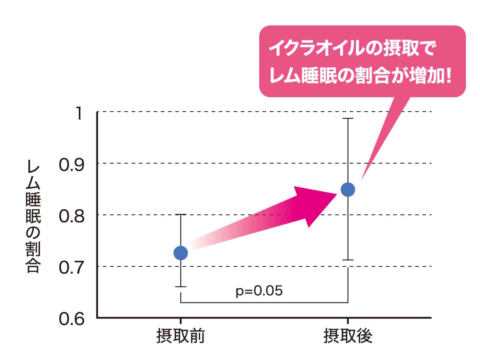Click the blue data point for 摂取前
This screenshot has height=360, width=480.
181,253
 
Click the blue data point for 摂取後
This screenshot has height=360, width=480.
348,189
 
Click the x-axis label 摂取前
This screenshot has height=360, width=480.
180,337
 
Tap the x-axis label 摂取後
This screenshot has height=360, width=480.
348,337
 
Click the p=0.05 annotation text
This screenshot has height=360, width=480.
259,291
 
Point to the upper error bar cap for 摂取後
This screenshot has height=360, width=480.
348,119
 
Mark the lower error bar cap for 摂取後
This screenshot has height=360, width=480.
348,260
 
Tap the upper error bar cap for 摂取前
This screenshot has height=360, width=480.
181,215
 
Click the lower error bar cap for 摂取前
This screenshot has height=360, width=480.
181,287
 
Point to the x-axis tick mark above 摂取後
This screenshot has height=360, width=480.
348,321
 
